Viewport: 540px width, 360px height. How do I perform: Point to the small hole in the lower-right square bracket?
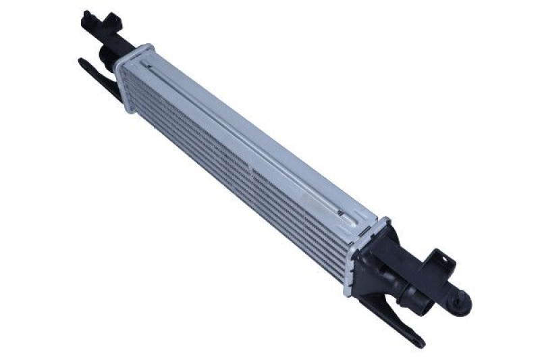(437, 259)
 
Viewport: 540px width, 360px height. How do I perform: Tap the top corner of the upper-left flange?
(148, 45)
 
